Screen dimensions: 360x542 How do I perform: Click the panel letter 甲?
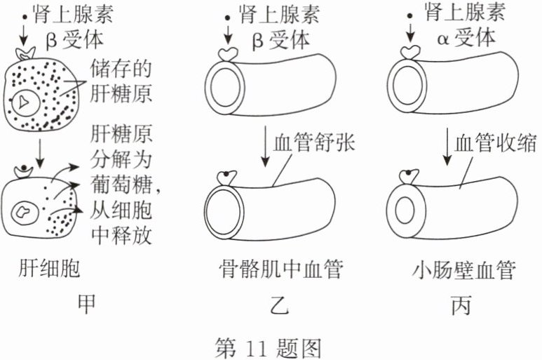coord(86,305)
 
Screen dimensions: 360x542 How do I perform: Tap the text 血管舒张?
coord(316,142)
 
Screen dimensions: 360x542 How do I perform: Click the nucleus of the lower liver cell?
coord(26,210)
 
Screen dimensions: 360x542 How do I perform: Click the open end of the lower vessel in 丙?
coord(404,208)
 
